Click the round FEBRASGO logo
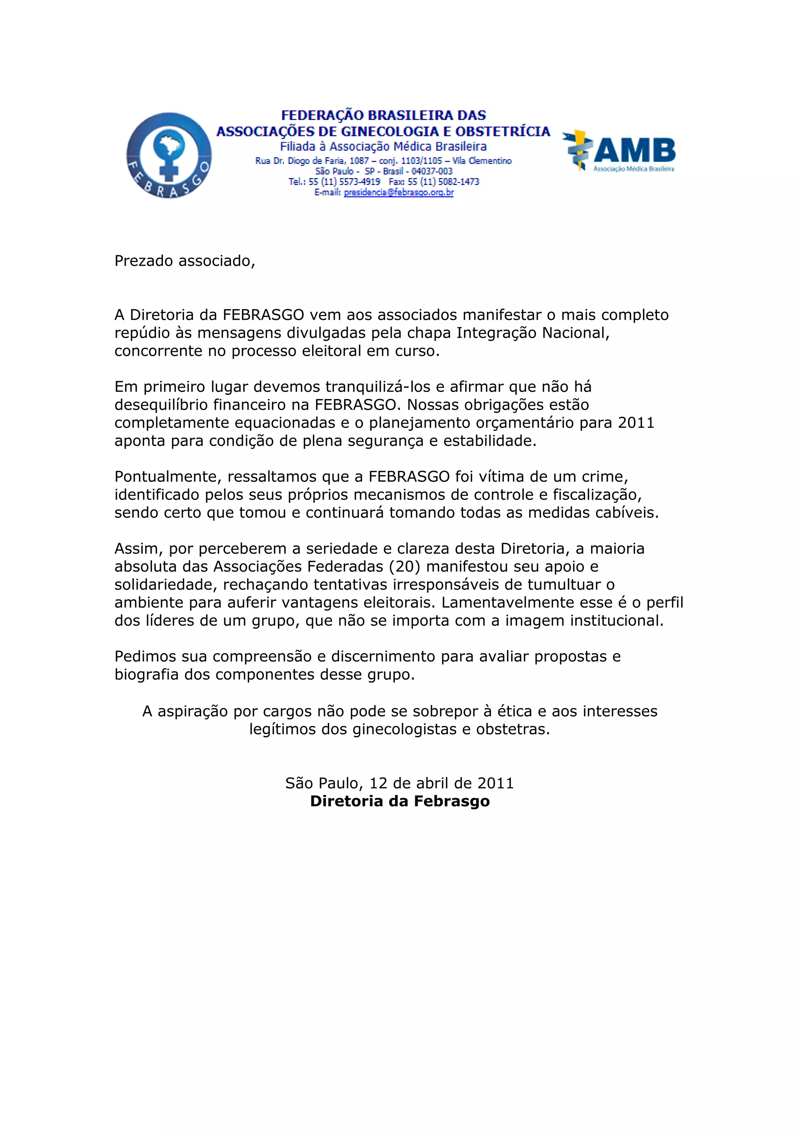pos(169,155)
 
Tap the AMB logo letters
pos(634,150)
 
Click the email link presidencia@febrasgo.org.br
pos(398,193)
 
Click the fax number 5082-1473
pos(459,182)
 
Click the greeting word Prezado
pos(144,261)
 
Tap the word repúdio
pos(140,333)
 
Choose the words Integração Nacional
pos(533,333)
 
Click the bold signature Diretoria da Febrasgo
pos(400,801)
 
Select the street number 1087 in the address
pos(359,161)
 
